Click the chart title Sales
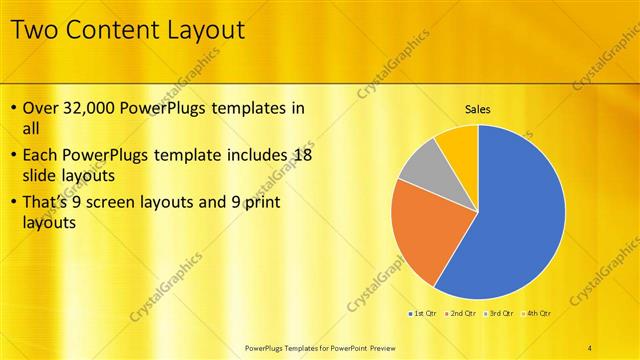(x=478, y=108)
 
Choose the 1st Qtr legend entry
(x=423, y=314)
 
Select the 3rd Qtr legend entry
(x=500, y=314)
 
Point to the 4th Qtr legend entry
(x=538, y=314)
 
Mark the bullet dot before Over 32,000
(x=13, y=108)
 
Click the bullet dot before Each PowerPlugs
(x=13, y=155)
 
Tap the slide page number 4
(x=590, y=347)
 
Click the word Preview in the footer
(x=376, y=347)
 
